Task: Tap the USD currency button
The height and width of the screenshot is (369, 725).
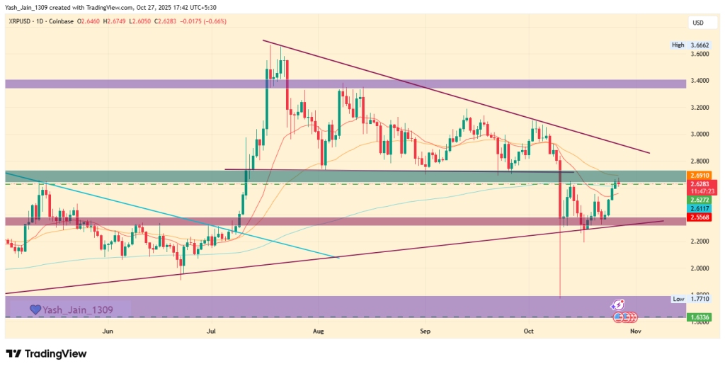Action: click(698, 23)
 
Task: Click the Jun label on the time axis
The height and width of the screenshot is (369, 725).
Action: click(108, 331)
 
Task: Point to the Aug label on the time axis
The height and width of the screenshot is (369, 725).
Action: click(318, 331)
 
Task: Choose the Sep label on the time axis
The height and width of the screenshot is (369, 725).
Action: click(425, 331)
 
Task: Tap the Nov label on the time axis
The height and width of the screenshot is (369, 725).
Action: click(635, 331)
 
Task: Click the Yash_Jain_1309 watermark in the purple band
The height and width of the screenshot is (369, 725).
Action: click(82, 310)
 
